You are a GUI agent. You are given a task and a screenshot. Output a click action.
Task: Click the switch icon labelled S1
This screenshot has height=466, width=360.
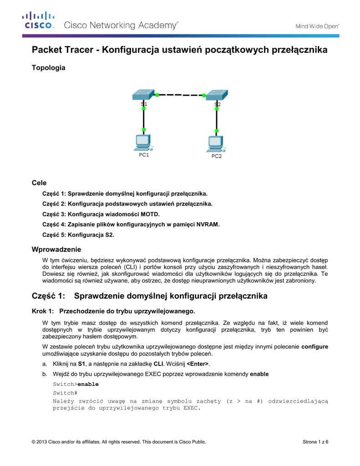point(143,95)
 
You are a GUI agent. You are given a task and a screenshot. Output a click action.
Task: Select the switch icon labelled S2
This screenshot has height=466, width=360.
point(217,95)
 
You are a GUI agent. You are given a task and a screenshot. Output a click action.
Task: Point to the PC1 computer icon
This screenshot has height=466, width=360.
point(143,142)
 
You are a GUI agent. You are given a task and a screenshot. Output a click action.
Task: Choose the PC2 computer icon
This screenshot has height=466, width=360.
point(216,143)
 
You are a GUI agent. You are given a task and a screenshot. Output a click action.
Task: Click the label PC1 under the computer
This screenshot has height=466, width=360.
point(144,155)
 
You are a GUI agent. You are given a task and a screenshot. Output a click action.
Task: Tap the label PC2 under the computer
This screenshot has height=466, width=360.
point(217,156)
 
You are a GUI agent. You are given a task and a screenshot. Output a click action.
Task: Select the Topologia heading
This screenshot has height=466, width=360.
point(48,68)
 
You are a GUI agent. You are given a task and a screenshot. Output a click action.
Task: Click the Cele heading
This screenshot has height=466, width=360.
point(39,182)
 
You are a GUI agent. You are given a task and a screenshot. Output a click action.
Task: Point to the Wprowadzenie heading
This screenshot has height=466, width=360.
point(56,249)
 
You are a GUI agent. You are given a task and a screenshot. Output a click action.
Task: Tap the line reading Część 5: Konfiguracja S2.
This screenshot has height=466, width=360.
point(78,235)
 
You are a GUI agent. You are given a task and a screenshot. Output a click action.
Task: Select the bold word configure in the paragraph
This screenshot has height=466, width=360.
point(314,346)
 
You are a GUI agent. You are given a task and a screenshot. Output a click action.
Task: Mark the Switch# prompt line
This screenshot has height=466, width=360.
point(65,392)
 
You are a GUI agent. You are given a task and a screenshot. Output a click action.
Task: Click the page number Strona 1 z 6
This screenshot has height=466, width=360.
point(315,442)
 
